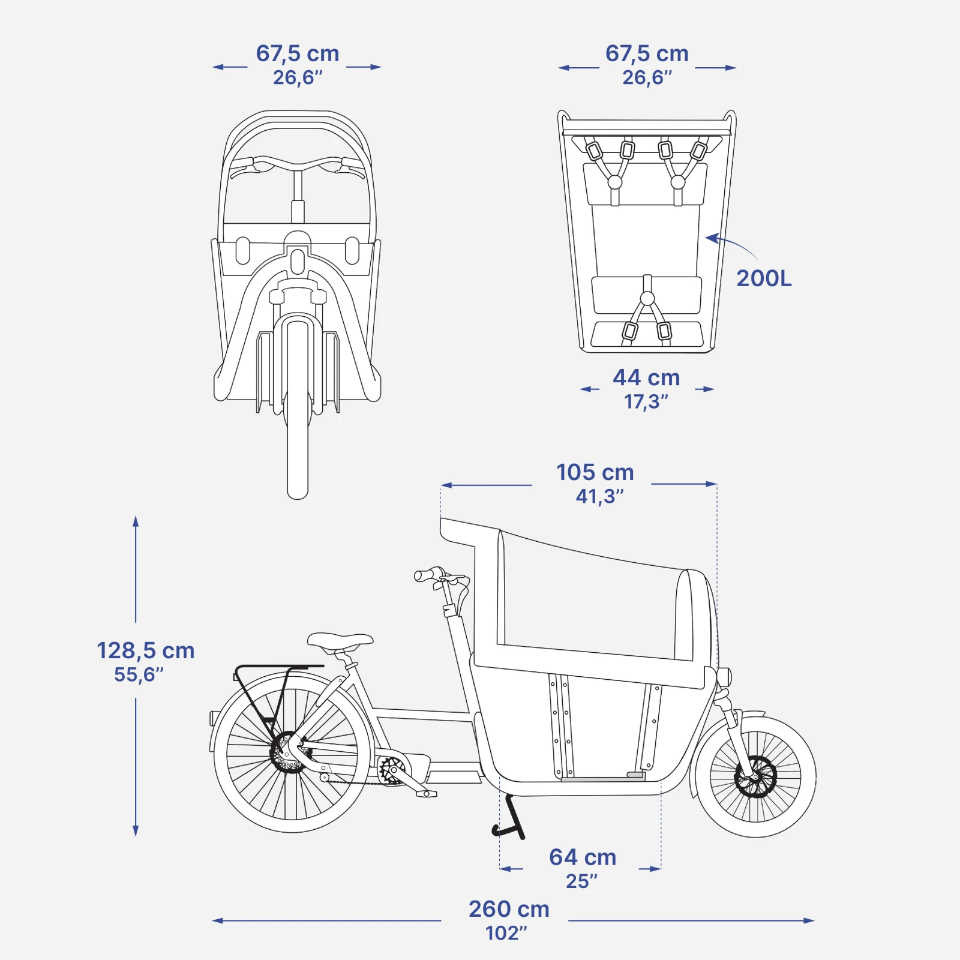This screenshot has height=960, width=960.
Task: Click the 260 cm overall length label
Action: pos(509,909)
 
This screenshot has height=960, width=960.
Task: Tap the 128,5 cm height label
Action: pos(146,650)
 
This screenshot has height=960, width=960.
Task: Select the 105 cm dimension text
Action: pos(595,472)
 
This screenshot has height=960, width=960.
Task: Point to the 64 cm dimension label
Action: pos(583,857)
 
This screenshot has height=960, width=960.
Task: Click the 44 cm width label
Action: pos(646,377)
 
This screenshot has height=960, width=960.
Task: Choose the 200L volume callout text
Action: pos(764,278)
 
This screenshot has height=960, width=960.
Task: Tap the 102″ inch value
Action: pos(506,933)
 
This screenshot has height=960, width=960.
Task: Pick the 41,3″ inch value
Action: pos(599,496)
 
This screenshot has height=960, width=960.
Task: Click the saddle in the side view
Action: pos(340,641)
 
